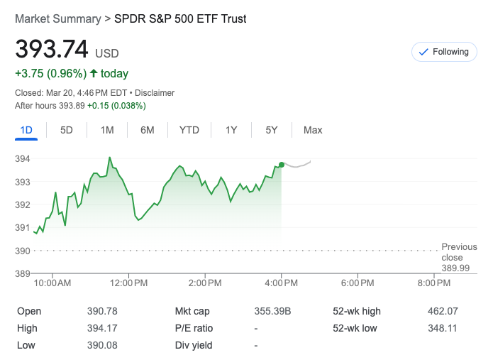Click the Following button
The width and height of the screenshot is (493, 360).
(445, 52)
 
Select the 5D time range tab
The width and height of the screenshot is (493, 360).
(67, 130)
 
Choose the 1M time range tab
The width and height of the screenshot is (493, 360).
(107, 130)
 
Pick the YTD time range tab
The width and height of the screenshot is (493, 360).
(189, 130)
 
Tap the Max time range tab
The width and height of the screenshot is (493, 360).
(313, 130)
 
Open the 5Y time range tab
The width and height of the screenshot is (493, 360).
(272, 130)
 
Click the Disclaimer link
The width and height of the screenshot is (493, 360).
(155, 93)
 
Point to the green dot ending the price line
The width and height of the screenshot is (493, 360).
(282, 165)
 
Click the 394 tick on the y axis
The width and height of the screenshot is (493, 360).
(22, 158)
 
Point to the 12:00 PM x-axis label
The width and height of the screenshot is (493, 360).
(128, 283)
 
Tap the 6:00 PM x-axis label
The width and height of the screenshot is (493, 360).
(358, 283)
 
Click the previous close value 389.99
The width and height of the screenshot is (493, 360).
(455, 268)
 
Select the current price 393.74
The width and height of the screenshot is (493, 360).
(52, 50)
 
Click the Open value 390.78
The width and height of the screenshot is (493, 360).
(102, 311)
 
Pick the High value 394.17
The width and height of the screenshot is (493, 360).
(102, 328)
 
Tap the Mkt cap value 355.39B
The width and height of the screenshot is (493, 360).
(273, 311)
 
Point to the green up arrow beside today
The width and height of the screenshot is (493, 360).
(93, 73)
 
